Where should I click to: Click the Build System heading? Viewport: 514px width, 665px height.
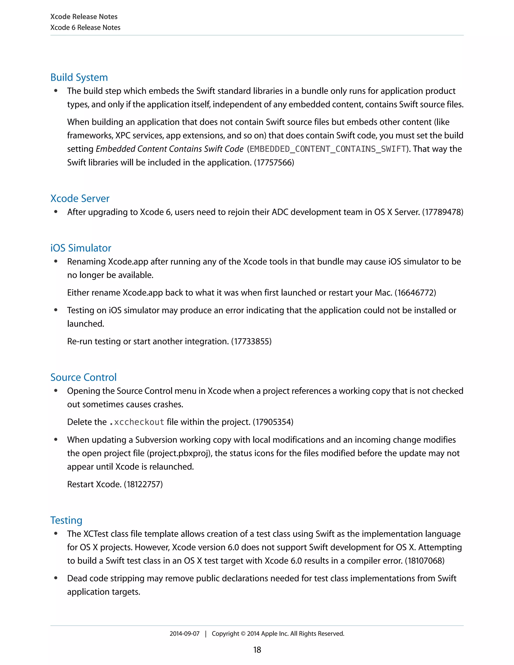pyautogui.click(x=79, y=77)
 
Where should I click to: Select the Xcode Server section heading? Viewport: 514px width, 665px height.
pyautogui.click(x=80, y=198)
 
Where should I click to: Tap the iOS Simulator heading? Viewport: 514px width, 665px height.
pyautogui.click(x=81, y=248)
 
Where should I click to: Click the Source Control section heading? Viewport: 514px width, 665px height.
pyautogui.click(x=83, y=378)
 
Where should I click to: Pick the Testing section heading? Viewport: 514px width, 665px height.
pyautogui.click(x=66, y=520)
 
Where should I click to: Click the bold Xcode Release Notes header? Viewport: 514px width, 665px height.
pyautogui.click(x=84, y=17)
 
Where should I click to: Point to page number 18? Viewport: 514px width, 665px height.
pyautogui.click(x=257, y=650)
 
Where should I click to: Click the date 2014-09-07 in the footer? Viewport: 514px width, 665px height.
pyautogui.click(x=184, y=634)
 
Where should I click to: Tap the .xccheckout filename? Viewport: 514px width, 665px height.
pyautogui.click(x=137, y=422)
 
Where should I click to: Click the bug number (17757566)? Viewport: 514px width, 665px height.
pyautogui.click(x=274, y=163)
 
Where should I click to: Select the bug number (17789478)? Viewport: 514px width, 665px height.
pyautogui.click(x=442, y=212)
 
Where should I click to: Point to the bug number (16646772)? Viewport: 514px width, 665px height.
pyautogui.click(x=415, y=293)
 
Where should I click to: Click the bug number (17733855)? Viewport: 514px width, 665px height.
pyautogui.click(x=251, y=342)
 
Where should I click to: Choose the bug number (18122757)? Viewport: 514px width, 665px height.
pyautogui.click(x=143, y=484)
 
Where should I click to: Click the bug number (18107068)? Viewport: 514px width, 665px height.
pyautogui.click(x=424, y=561)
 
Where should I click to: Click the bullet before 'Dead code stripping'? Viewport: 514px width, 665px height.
pyautogui.click(x=56, y=578)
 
